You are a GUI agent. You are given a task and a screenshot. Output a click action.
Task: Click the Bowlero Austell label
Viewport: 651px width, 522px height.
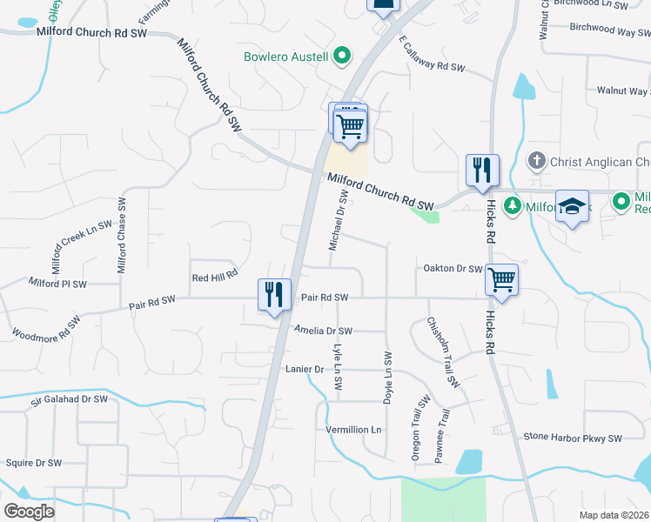pos(285,57)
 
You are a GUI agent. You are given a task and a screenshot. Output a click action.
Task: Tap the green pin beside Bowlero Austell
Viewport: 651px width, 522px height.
pos(343,57)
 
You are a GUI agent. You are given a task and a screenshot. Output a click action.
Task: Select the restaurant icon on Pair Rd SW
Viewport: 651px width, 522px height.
pos(275,295)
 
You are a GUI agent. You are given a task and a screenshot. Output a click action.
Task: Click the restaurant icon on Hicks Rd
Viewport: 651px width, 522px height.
pos(482,171)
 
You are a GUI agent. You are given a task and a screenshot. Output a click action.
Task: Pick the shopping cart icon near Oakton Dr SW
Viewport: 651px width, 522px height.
pos(501,280)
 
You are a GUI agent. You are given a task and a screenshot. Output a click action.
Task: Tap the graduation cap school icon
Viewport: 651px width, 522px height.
pos(572,207)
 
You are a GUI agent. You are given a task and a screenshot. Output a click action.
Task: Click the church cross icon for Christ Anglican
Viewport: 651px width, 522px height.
pos(538,161)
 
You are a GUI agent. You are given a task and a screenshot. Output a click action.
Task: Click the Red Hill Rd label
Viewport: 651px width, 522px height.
pos(214,277)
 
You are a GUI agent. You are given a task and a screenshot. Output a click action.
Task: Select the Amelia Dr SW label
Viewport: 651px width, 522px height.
pos(323,331)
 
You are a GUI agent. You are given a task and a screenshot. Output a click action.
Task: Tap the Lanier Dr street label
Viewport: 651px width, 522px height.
pos(305,369)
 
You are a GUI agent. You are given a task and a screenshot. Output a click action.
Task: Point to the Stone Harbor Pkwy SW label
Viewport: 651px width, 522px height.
pos(573,438)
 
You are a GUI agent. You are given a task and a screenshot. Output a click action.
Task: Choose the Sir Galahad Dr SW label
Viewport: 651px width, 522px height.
pos(69,399)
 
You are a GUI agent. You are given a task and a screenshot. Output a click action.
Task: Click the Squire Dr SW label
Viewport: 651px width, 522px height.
pos(33,463)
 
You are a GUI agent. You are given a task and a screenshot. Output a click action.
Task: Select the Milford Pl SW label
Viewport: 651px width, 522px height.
pos(57,284)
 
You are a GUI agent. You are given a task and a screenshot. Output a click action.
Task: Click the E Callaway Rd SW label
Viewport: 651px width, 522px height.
pos(433,54)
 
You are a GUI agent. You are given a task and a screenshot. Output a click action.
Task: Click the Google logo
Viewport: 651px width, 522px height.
pos(29,512)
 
